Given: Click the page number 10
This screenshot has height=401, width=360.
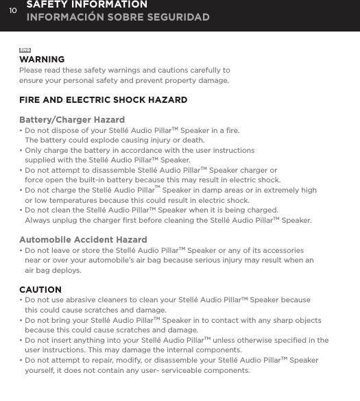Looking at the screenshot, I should pyautogui.click(x=12, y=10).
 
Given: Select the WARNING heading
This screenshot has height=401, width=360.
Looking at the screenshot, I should pyautogui.click(x=42, y=60).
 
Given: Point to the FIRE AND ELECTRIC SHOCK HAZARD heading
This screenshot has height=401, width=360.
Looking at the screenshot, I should pyautogui.click(x=103, y=100).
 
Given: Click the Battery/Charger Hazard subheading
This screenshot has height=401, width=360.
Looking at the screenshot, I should pyautogui.click(x=72, y=120).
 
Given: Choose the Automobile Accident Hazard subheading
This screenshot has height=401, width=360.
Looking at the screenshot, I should pyautogui.click(x=83, y=240).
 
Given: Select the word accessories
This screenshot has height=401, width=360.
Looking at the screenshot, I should pyautogui.click(x=281, y=251).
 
